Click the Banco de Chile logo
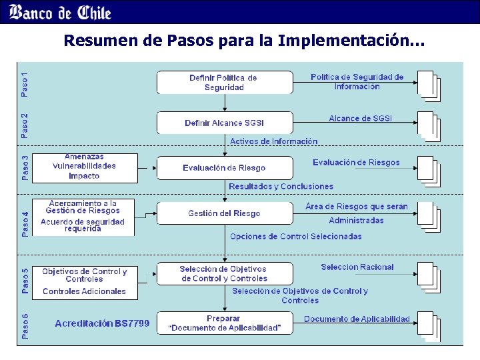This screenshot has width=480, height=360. pyautogui.click(x=61, y=12)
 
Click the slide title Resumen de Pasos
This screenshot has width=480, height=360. pyautogui.click(x=243, y=41)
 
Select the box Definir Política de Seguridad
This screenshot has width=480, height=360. pyautogui.click(x=224, y=83)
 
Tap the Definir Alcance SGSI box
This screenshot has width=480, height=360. pyautogui.click(x=224, y=123)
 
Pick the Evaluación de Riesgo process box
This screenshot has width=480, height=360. pyautogui.click(x=224, y=168)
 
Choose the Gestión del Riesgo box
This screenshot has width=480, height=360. pyautogui.click(x=224, y=213)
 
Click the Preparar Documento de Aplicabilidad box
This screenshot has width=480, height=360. pyautogui.click(x=224, y=323)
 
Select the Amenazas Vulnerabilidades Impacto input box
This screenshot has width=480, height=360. pyautogui.click(x=84, y=166)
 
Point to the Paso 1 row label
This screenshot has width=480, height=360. pyautogui.click(x=25, y=85)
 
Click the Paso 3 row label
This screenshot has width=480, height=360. pyautogui.click(x=25, y=168)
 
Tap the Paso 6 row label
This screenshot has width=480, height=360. pyautogui.click(x=25, y=325)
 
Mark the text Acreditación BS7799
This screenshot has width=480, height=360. pyautogui.click(x=102, y=324)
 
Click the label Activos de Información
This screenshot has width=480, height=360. pyautogui.click(x=273, y=141)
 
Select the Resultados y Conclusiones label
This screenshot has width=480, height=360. pyautogui.click(x=281, y=187)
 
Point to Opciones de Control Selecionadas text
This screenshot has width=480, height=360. pyautogui.click(x=295, y=237)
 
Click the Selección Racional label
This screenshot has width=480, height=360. pyautogui.click(x=357, y=267)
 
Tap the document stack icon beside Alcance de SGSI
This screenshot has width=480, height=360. pyautogui.click(x=427, y=126)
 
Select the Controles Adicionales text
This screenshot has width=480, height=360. pyautogui.click(x=84, y=291)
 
